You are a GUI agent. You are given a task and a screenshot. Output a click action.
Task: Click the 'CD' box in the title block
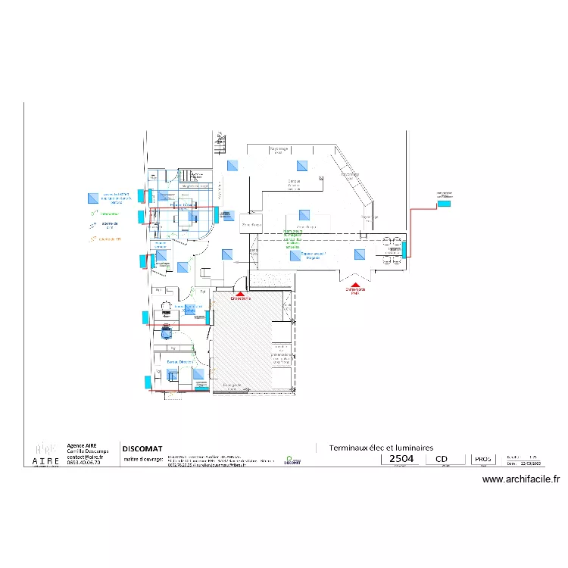tap(442, 459)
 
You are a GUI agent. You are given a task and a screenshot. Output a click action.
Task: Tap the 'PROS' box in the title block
tap(482, 459)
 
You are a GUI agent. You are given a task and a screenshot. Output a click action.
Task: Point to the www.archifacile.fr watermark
tap(521, 479)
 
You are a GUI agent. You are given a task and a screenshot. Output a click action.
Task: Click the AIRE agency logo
tap(45, 452)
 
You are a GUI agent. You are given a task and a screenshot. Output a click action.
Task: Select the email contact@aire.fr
tap(83, 457)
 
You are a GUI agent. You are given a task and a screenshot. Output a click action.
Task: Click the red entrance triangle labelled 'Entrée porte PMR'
tap(355, 286)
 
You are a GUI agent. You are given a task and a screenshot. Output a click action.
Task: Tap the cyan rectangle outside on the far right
tap(445, 203)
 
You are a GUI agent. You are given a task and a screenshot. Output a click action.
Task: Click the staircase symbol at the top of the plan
tap(220, 139)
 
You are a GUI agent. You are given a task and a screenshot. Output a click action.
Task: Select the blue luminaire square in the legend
tap(92, 197)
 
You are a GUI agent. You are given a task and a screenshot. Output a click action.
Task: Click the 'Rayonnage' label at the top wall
tap(279, 150)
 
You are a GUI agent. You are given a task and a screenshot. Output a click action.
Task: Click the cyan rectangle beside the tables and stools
tap(405, 248)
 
